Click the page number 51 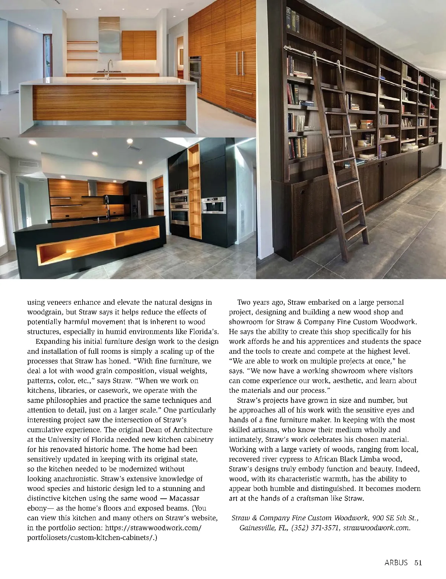click(418, 563)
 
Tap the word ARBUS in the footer click(396, 563)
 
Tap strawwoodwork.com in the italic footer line click(377, 528)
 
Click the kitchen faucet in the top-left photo click(110, 67)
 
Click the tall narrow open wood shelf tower click(194, 191)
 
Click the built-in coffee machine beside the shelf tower click(213, 206)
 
